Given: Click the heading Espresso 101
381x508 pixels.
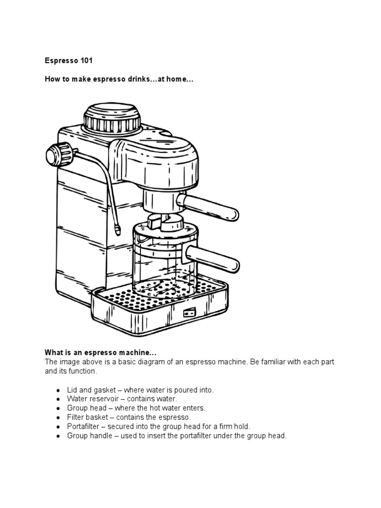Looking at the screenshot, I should point(68,61).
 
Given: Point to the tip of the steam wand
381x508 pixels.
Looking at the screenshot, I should point(117,230).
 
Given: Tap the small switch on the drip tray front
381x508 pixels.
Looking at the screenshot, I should point(189,313).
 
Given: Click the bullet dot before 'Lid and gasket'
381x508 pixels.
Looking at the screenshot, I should point(59,391).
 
